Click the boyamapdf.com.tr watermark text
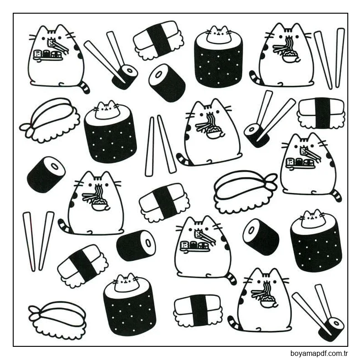click(x=319, y=353)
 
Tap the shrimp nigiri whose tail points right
click(x=245, y=191)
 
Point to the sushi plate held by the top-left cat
click(x=48, y=55)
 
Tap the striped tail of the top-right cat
click(x=256, y=78)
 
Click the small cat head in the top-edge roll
click(x=218, y=35)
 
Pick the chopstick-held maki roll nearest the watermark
click(x=331, y=327)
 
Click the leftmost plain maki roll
click(x=46, y=174)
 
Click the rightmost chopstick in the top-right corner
click(x=340, y=57)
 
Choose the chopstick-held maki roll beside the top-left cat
click(x=125, y=76)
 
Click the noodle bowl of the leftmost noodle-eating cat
click(x=99, y=205)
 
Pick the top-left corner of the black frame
click(x=13, y=13)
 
